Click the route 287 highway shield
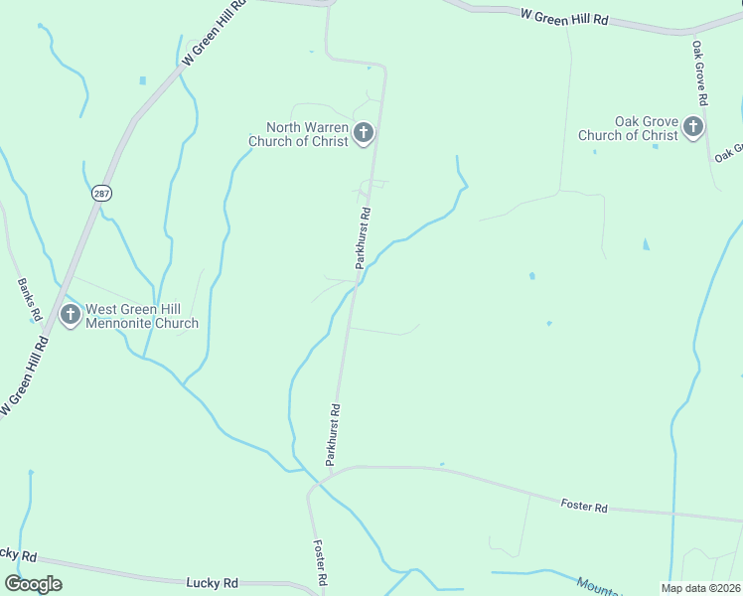point(101,193)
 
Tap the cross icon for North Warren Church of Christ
point(364,132)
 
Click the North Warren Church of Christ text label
point(306,133)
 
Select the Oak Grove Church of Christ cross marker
point(692,127)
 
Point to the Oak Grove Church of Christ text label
point(629,128)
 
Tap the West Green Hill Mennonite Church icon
point(70,315)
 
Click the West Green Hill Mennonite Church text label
point(142,316)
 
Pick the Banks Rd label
point(29,298)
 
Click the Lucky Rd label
point(213,583)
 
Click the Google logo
point(33,584)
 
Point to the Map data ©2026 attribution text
point(701,588)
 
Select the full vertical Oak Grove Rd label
point(699,73)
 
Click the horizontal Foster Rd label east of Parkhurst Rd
point(583,507)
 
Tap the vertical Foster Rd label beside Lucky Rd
point(321,562)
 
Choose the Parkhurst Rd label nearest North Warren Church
point(363,238)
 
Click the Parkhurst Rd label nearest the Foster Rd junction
point(334,435)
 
